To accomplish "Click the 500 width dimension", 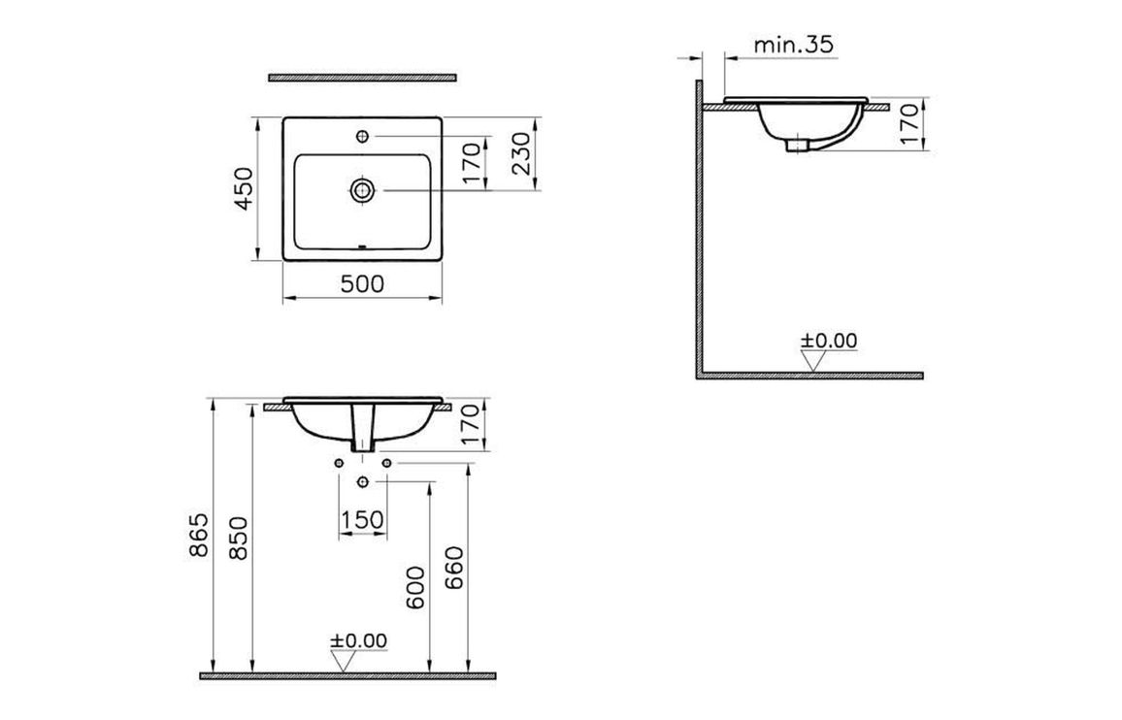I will click(x=362, y=283).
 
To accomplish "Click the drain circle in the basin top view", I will click(x=362, y=189).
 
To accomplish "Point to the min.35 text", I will click(x=793, y=45).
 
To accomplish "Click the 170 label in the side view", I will click(x=908, y=123).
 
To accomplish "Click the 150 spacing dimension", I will click(x=362, y=520).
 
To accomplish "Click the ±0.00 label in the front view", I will click(x=358, y=640).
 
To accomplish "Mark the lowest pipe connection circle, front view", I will click(x=362, y=482).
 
